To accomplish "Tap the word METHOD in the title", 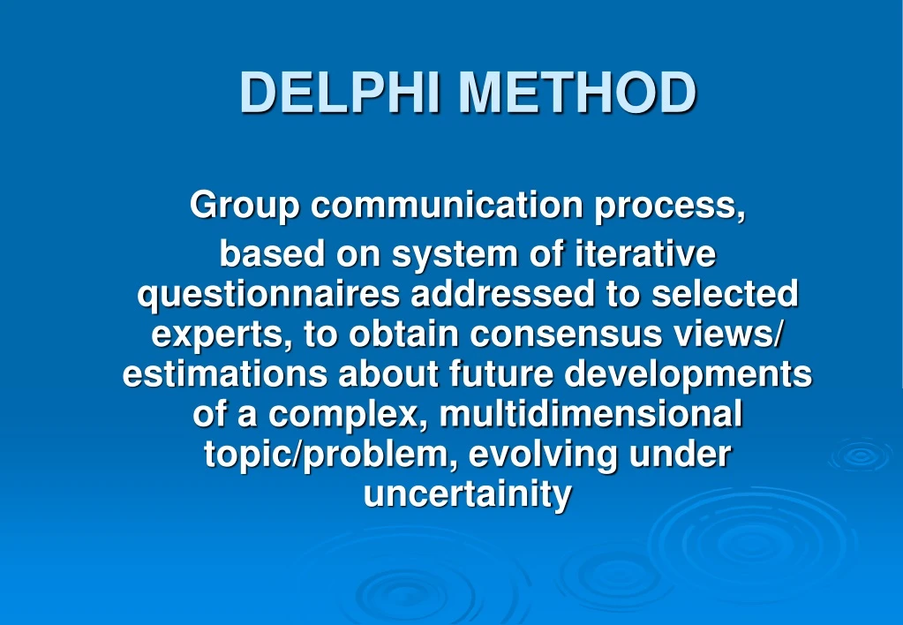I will point(577,92).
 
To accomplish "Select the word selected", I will point(725,294).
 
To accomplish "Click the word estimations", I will point(223,374).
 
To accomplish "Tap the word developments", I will point(689,374).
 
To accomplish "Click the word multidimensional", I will point(591,414).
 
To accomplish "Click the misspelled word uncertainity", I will point(467,494).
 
